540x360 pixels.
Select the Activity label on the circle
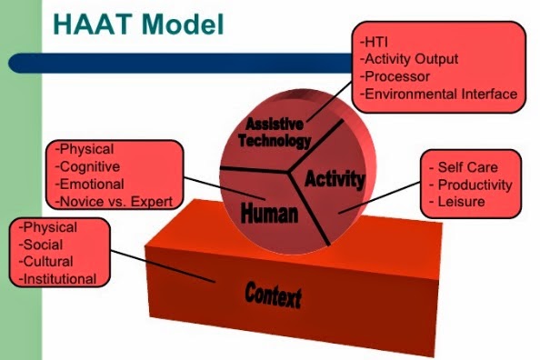pos(334,177)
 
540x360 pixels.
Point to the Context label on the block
pos(272,294)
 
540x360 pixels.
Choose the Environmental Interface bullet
pos(438,94)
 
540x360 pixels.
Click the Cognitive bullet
pos(88,166)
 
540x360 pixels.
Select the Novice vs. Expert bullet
pos(115,201)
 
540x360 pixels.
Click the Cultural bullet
pos(43,262)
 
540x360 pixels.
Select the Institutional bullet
pos(57,279)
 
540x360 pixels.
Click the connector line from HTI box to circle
pos(331,101)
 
